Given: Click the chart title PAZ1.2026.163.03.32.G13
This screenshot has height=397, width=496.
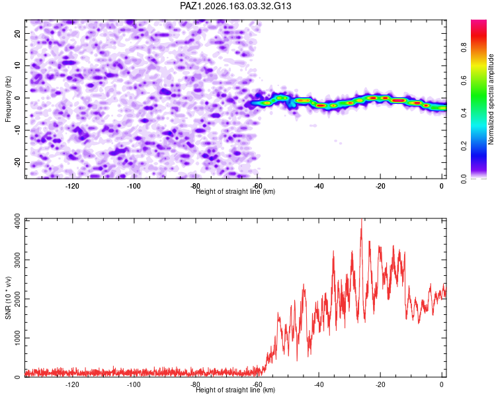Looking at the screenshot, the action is coord(235,6).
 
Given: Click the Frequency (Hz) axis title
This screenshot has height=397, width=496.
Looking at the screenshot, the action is coord(8,99).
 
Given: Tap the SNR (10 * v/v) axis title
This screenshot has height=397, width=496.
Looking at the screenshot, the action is coord(8,298).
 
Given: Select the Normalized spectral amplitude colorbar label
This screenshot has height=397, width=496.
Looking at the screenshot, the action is coord(491,99).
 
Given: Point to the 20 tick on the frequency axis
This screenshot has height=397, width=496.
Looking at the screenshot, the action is coord(17,33).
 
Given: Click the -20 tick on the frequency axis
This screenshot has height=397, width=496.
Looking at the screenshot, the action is coord(17,162).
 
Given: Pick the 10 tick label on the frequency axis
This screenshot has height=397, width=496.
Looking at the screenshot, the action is coord(17,66).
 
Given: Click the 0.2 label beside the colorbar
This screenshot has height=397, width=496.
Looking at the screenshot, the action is coord(464,146).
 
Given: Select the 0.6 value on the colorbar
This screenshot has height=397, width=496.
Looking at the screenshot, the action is coord(464,81).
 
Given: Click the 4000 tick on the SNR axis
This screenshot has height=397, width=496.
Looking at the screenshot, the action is coord(17,221).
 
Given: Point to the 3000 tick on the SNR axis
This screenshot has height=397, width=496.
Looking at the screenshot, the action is coord(17,260).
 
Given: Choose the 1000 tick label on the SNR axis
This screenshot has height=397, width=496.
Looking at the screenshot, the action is coord(17,338).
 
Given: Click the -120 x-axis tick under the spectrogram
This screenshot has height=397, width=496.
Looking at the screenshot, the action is coord(72,186).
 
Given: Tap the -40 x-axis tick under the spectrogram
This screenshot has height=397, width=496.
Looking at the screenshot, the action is coord(319,186).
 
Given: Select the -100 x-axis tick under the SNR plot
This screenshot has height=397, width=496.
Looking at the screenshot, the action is coord(134,384).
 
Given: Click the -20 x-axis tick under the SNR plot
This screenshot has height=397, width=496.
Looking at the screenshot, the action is coord(380,384).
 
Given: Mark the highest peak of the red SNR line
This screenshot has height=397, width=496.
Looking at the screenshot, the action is coord(362,219).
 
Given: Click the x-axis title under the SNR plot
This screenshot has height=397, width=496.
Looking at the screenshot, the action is coord(235,390).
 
